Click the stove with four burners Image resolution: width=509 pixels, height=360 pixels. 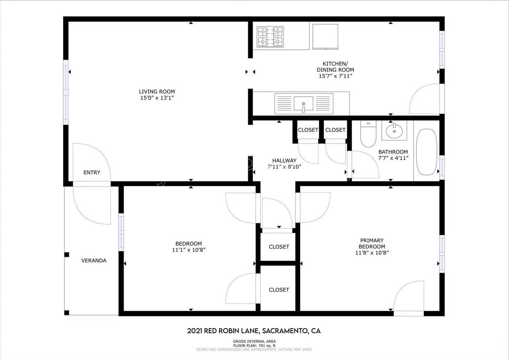tap(270, 36)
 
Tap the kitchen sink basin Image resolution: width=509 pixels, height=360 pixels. tap(303, 104)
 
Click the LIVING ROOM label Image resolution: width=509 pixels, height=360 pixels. tap(157, 91)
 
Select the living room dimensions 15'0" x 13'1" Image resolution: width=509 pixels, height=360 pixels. tap(157, 98)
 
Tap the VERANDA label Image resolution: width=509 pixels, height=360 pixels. tap(94, 261)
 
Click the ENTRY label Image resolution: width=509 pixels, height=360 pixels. tap(92, 172)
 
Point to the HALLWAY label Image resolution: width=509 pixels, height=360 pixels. tap(284, 160)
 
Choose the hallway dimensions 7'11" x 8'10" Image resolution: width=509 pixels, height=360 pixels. tap(284, 167)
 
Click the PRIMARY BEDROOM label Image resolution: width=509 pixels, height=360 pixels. tap(372, 243)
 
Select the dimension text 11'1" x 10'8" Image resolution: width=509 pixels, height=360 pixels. tap(188, 250)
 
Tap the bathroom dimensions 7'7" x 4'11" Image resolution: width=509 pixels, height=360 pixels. tap(393, 158)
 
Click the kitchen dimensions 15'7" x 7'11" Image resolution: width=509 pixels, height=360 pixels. tap(335, 76)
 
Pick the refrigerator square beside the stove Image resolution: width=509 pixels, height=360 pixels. tap(325, 36)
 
